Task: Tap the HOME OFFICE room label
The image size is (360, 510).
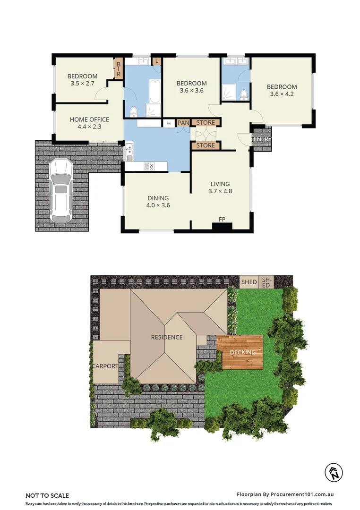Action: (89, 120)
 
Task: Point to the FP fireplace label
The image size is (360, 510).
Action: (222, 220)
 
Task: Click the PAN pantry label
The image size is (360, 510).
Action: (183, 123)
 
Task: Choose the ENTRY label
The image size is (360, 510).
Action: (262, 139)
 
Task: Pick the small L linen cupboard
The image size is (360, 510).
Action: (156, 61)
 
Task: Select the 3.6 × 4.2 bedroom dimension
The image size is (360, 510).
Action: (282, 94)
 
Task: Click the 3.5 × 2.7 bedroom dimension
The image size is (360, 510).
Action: (82, 84)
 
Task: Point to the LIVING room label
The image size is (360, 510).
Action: (220, 184)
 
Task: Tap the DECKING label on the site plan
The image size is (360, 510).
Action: (242, 352)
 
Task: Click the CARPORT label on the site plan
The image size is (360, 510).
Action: (105, 366)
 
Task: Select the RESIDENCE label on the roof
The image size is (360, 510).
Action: (167, 337)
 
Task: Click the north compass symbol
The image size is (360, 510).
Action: (334, 472)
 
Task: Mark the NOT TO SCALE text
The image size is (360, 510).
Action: (47, 495)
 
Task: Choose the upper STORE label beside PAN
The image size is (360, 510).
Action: (206, 123)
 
